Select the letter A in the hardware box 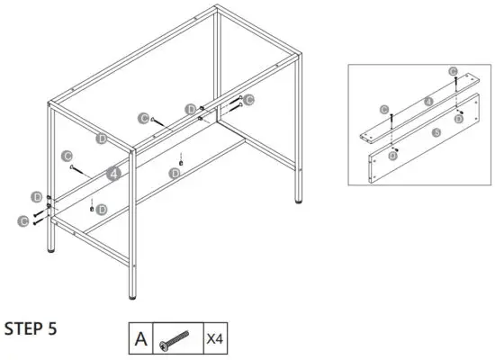(x=140, y=339)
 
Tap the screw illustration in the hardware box (x=177, y=340)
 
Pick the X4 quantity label (x=216, y=339)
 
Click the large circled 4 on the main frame (x=113, y=174)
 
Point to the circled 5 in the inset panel (x=436, y=131)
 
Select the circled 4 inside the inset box (x=428, y=101)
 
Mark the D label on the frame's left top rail (x=102, y=138)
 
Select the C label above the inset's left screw (x=384, y=109)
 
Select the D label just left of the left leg (x=35, y=196)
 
